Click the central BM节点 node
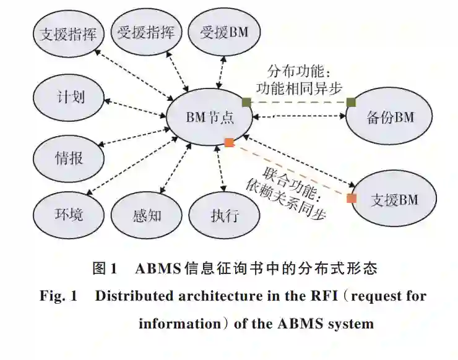(209, 116)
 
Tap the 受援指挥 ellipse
(146, 33)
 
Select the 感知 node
(147, 216)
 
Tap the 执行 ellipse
(224, 216)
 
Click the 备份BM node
(389, 117)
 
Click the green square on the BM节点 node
(246, 102)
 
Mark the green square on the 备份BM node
(350, 102)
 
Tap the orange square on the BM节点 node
(229, 143)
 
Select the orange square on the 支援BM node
(352, 199)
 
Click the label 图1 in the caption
(105, 268)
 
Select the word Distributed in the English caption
(128, 296)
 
